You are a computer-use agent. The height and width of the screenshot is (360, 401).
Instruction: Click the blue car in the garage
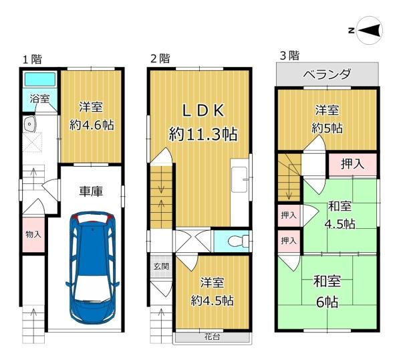(92, 268)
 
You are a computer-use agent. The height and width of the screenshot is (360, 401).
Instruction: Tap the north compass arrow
(370, 30)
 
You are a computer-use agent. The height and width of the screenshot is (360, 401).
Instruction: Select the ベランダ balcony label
(327, 74)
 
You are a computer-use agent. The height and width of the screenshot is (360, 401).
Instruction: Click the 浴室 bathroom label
(39, 98)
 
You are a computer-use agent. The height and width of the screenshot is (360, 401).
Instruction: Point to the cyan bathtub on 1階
(39, 80)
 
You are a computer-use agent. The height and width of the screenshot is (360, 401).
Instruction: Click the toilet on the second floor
(238, 241)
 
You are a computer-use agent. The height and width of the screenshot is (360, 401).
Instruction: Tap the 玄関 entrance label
(161, 266)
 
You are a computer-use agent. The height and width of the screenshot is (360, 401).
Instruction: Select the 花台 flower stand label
(212, 337)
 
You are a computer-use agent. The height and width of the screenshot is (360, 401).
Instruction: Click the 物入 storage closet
(33, 235)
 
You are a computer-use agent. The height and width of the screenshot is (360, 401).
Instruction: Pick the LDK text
(203, 110)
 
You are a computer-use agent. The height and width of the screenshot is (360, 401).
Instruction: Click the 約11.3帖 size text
(203, 134)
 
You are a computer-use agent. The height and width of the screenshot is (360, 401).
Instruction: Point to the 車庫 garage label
(91, 191)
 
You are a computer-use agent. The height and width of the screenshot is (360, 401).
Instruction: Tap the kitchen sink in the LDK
(239, 179)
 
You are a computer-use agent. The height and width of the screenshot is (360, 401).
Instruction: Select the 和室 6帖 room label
(327, 291)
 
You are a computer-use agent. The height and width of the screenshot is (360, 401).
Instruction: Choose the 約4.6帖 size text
(92, 125)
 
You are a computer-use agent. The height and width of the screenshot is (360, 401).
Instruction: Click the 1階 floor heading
(33, 60)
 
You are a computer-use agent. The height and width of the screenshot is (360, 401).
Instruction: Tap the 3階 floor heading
(289, 56)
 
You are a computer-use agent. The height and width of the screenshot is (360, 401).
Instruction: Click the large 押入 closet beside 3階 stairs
(353, 165)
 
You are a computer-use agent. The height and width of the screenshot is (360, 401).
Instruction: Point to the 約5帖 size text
(327, 128)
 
